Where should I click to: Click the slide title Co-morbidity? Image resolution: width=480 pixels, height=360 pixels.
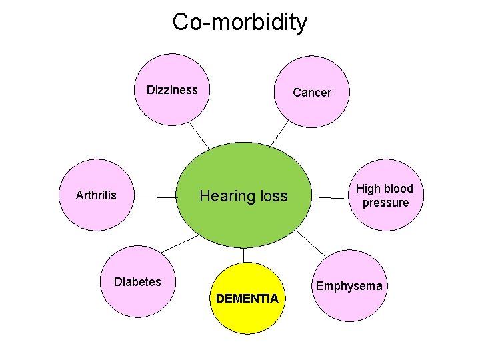point(240,22)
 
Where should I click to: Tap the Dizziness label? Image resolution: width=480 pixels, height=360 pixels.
point(172,90)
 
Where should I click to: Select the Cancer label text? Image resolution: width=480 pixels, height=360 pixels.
point(312,93)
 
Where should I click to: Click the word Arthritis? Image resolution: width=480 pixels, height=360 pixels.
point(96,195)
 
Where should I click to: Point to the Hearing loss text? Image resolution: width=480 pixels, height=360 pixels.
point(244,196)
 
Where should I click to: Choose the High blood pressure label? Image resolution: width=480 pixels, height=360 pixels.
point(385,195)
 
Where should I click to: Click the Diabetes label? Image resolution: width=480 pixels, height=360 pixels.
point(137,281)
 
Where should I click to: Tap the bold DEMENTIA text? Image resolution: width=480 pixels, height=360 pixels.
point(247,299)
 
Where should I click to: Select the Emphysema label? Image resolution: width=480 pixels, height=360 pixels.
point(349,286)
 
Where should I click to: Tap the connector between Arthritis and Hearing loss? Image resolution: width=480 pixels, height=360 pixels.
point(156,197)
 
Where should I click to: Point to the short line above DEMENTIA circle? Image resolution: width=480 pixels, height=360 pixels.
point(244,255)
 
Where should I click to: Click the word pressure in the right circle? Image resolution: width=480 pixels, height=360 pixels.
point(386,203)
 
